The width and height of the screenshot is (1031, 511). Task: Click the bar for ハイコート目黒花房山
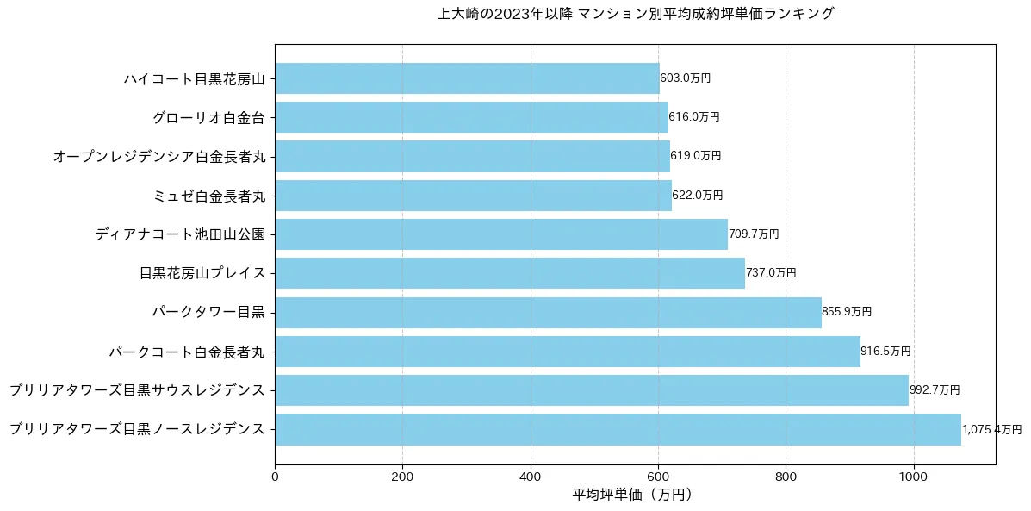(467, 78)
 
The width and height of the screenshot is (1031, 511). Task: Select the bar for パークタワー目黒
(548, 312)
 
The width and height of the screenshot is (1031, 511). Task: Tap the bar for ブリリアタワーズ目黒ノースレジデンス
(618, 429)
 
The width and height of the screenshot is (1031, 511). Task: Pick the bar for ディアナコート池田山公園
(501, 234)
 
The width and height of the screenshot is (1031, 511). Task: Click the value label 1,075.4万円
(991, 429)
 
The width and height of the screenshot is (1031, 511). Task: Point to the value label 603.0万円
(686, 78)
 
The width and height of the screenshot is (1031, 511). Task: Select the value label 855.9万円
(847, 312)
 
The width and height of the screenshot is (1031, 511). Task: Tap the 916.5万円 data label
(885, 352)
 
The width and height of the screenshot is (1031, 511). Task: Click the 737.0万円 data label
(771, 273)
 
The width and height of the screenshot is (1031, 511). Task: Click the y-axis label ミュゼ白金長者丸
(208, 196)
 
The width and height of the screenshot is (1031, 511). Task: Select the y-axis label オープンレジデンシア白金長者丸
(159, 157)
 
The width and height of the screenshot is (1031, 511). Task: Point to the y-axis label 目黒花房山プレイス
(202, 274)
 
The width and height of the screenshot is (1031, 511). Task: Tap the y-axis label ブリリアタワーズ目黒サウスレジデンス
(137, 390)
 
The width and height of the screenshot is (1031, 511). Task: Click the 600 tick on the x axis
(658, 475)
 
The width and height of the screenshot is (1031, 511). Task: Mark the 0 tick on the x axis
(275, 475)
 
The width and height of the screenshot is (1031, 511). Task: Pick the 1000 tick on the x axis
(914, 475)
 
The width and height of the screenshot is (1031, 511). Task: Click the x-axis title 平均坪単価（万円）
(633, 495)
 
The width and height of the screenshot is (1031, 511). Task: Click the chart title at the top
(636, 14)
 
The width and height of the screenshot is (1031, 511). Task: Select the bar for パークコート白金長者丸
(567, 352)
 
